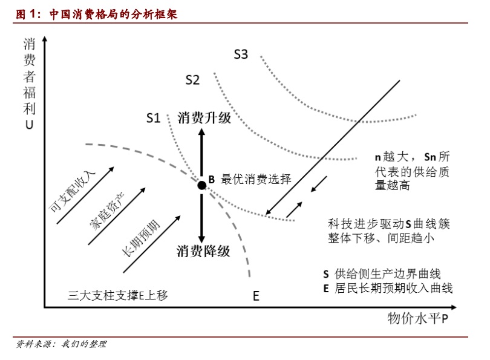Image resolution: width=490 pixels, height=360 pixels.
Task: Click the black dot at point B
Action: click(202, 185)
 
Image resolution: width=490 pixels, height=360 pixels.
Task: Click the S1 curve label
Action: click(154, 118)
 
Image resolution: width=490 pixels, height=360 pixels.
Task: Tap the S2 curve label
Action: click(193, 79)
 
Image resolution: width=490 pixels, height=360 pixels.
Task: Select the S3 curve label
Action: click(241, 54)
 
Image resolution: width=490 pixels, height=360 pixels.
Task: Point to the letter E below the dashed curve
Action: click(256, 296)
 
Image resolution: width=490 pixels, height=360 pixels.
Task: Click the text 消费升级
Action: click(204, 118)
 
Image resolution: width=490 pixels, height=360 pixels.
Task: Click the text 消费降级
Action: click(203, 250)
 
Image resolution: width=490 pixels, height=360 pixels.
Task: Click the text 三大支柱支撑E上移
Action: click(117, 295)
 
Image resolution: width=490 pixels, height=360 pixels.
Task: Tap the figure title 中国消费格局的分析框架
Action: click(115, 12)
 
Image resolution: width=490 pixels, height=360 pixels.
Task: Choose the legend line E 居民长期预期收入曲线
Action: click(388, 289)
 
